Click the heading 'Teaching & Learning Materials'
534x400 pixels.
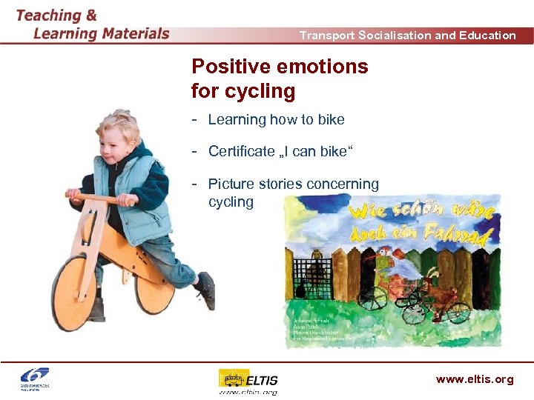coord(93,24)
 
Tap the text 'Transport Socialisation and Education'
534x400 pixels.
coord(407,35)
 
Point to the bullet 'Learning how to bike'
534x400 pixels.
coord(276,119)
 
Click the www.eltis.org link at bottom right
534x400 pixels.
coord(474,379)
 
